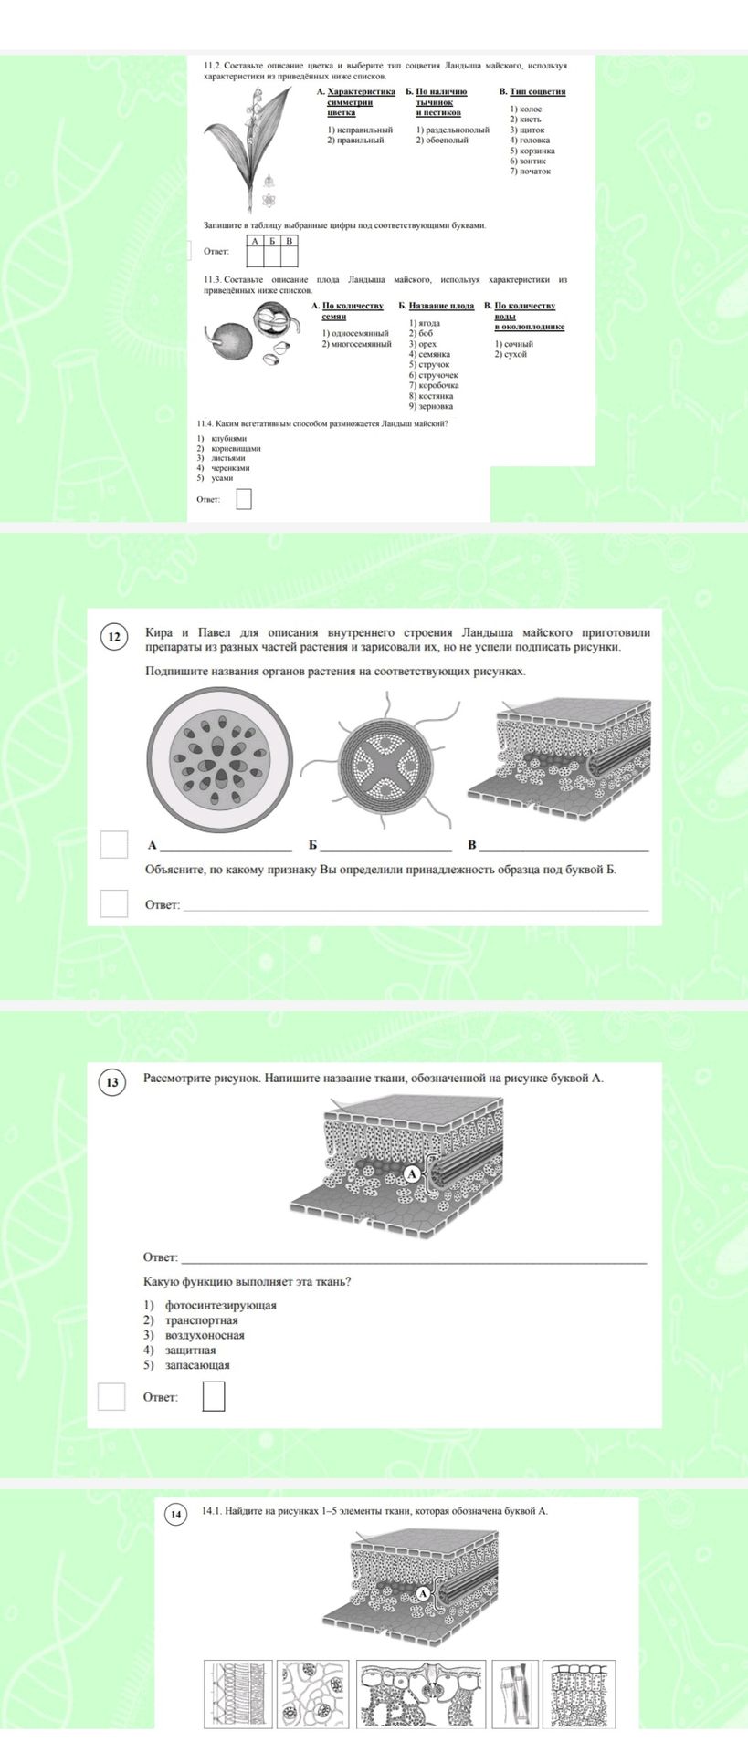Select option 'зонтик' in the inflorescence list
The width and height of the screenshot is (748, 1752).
coord(525,161)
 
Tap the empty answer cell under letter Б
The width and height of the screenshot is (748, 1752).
coord(272,256)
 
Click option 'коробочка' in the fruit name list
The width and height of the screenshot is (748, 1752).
coord(434,385)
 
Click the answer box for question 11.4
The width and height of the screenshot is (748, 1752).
coord(244,499)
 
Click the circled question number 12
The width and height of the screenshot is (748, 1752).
coord(114,637)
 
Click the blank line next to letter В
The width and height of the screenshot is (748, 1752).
coord(564,850)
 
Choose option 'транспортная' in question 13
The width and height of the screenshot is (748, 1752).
coord(201,1320)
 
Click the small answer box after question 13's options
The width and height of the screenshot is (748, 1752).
coord(214,1396)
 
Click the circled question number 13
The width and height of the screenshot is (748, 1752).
coord(112,1083)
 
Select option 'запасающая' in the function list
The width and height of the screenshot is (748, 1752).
coord(196,1365)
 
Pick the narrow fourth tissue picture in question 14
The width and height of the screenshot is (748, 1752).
coord(514,1694)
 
